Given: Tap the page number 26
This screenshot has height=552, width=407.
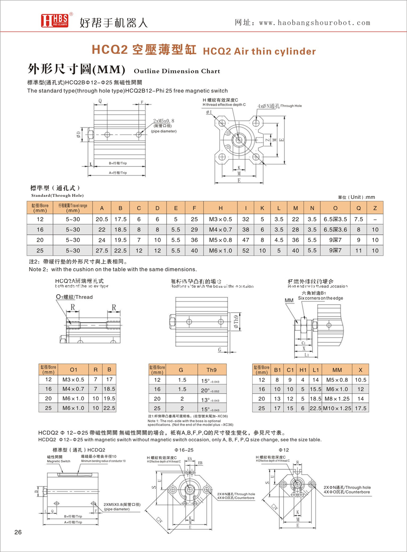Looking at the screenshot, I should point(18,532).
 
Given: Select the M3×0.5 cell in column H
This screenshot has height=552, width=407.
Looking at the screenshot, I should point(220,219).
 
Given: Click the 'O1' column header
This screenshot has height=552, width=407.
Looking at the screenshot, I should point(73,369).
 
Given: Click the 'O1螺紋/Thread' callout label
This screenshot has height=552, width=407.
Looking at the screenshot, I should point(74,297).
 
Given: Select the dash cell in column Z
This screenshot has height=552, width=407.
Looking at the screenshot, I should point(376,219).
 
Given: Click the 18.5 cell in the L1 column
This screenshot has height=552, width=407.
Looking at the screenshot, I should point(315,398).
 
